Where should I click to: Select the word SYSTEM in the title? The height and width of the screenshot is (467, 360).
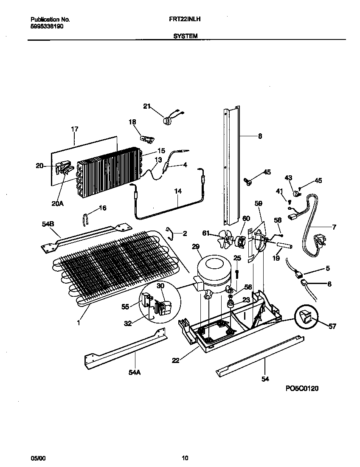(x=186, y=37)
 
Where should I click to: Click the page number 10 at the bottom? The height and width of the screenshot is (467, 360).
(x=185, y=458)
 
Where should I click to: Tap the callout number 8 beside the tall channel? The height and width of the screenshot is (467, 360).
(x=260, y=136)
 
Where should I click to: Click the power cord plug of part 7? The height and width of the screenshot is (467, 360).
(x=319, y=242)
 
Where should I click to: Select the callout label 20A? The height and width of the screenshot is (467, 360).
(x=58, y=203)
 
